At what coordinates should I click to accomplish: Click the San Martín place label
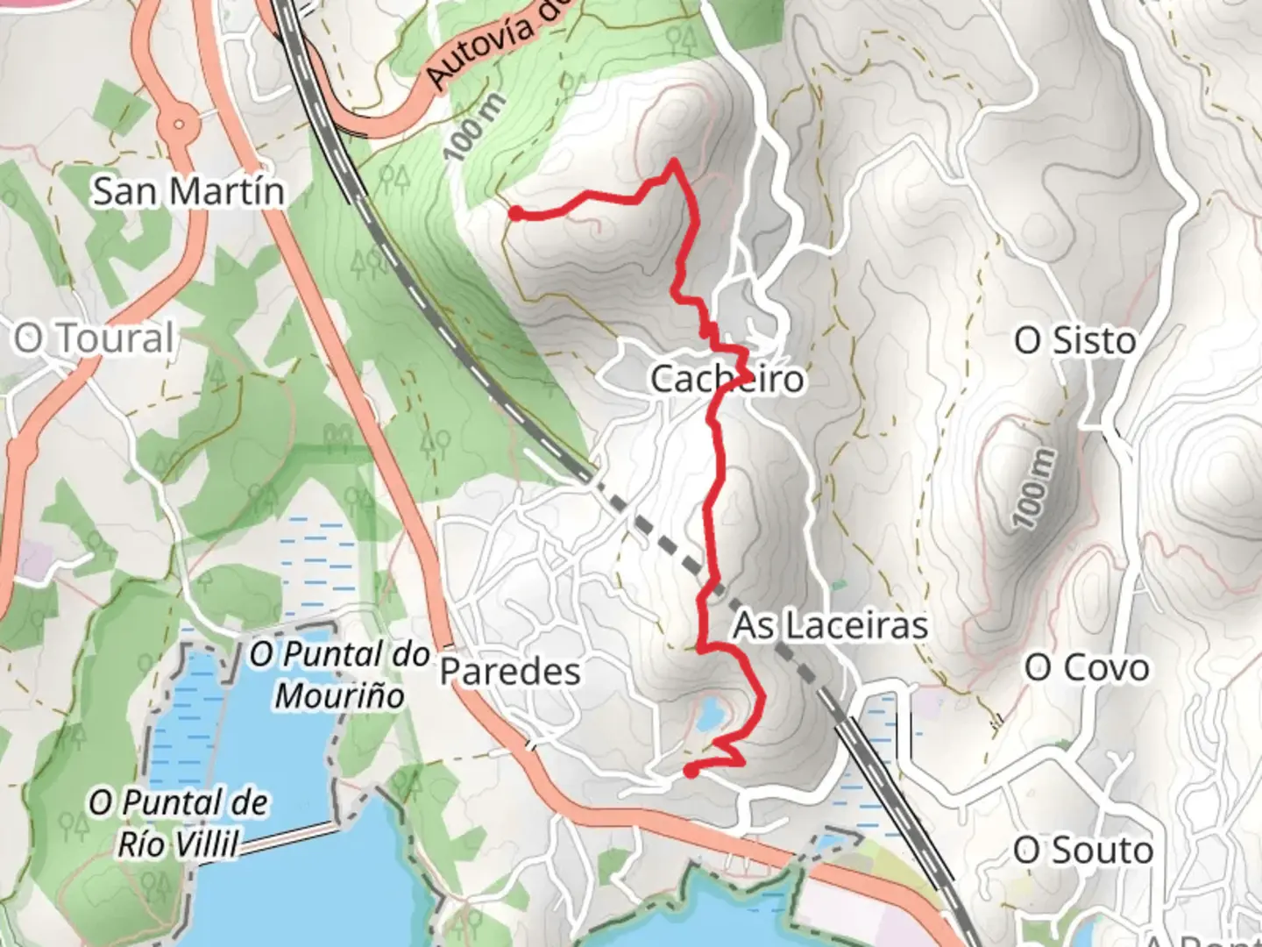(188, 190)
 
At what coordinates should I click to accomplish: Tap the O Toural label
(94, 338)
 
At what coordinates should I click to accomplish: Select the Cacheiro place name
(727, 379)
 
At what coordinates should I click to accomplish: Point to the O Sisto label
(1074, 340)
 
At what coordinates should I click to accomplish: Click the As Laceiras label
(830, 626)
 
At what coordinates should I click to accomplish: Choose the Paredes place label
(510, 672)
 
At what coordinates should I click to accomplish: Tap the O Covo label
(1087, 668)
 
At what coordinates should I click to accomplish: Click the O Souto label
(1082, 850)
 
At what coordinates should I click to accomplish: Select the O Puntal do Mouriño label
(340, 674)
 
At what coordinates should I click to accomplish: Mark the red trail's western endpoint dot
(515, 212)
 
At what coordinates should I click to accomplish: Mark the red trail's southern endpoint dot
(691, 772)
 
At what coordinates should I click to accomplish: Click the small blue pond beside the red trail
(710, 715)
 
